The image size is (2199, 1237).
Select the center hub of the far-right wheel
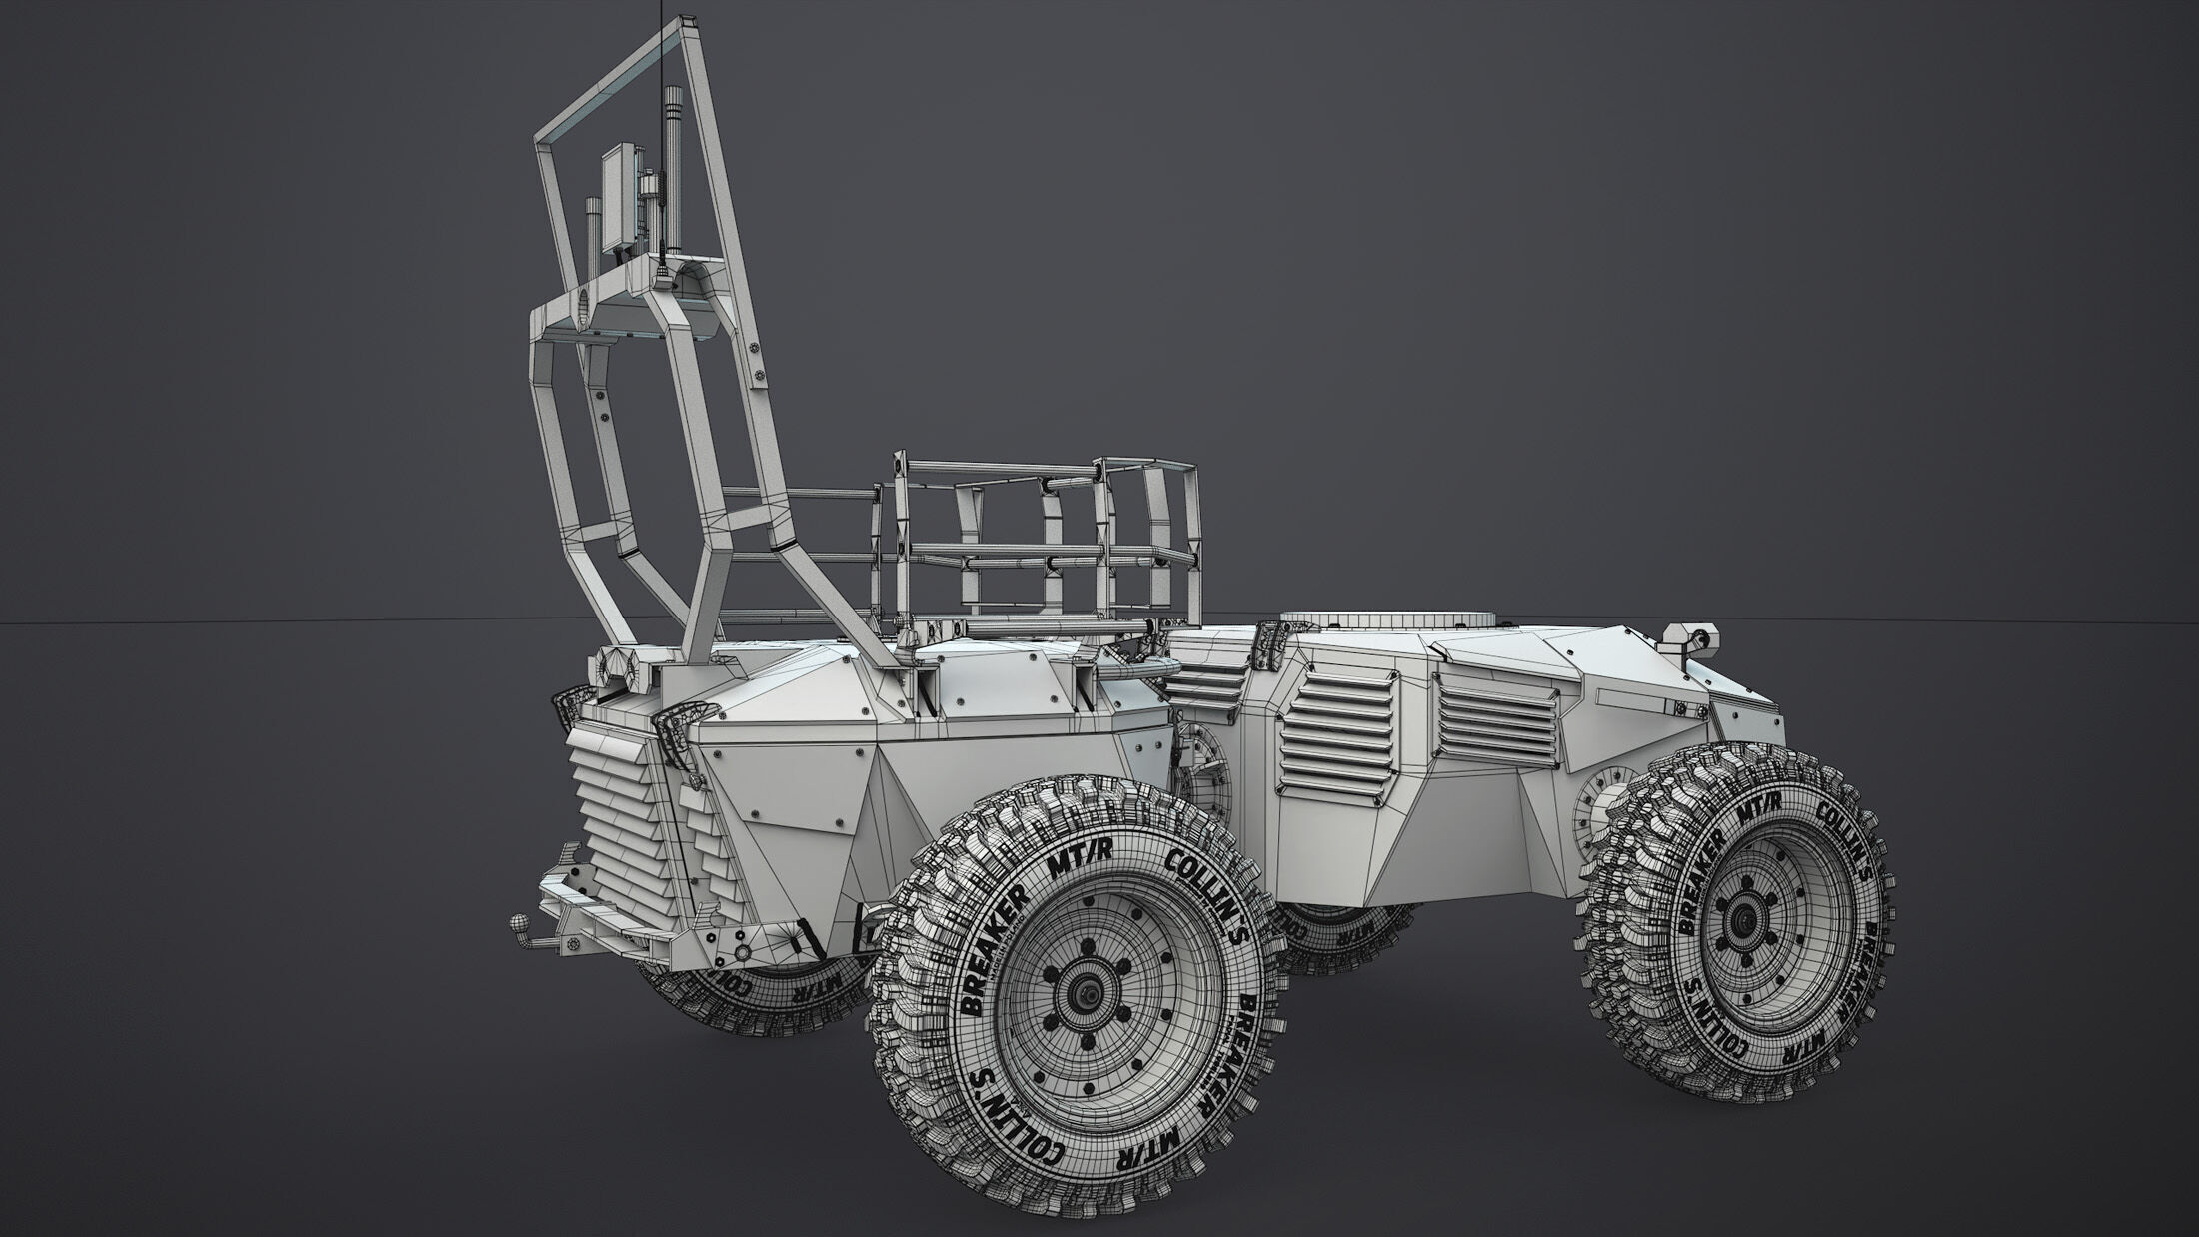1746,918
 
